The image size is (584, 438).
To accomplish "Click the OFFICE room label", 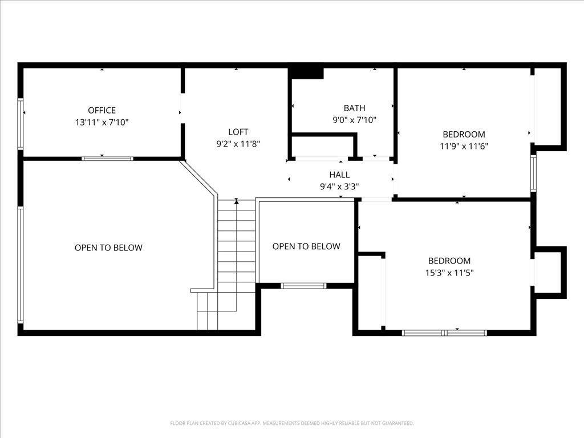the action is [x=102, y=110].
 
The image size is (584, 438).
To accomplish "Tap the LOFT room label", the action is [x=238, y=132].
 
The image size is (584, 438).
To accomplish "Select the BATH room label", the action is [x=354, y=108].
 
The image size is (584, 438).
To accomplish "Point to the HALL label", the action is [x=339, y=175].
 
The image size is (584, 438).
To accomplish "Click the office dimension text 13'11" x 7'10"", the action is [x=102, y=122].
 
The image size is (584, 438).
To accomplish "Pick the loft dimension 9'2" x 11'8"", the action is [x=238, y=144].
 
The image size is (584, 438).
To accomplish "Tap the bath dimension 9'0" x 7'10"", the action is [x=354, y=120].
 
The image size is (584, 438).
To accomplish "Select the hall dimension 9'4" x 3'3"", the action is [x=339, y=186].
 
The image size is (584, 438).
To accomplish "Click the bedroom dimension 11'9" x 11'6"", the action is [x=464, y=146].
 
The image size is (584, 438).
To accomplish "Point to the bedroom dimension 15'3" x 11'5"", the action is [x=449, y=273].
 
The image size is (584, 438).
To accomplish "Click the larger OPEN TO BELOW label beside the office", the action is [x=108, y=248].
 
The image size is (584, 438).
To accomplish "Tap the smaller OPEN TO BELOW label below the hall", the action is [x=306, y=246].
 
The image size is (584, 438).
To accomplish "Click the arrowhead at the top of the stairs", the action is [x=237, y=201].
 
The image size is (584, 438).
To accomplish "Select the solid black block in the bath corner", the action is [x=307, y=73].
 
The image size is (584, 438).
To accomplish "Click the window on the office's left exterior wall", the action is [x=21, y=124].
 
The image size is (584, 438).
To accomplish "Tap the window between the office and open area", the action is [x=107, y=159].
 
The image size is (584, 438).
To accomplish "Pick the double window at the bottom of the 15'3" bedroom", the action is [x=444, y=332].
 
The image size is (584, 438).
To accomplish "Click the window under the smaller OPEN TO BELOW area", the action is [x=303, y=286].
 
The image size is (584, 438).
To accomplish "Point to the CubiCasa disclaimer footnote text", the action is [x=291, y=423].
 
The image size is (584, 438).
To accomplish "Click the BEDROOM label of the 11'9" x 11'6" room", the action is [x=464, y=134].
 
